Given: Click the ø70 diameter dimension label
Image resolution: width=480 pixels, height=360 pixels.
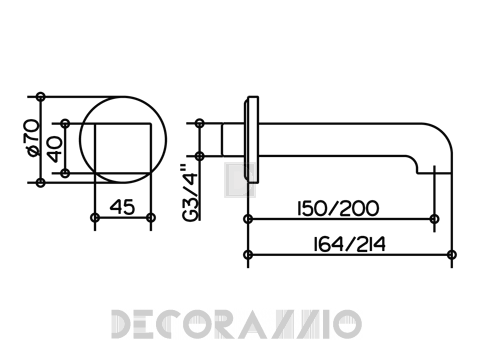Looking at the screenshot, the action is coord(33,138).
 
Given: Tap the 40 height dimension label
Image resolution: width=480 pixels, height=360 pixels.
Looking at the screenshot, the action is coord(55,149).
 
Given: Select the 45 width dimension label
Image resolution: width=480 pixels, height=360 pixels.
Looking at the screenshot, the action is coord(122,207).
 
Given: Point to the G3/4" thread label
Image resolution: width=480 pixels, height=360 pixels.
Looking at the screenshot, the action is coord(191,193).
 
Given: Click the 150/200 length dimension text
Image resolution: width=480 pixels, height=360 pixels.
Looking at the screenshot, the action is coord(338,209).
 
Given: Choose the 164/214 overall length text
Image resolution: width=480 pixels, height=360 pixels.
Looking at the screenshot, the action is coord(349,244).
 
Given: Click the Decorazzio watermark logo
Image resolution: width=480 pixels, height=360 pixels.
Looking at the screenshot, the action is coord(236,324).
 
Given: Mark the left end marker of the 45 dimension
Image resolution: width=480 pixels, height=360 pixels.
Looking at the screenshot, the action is coord(95,218).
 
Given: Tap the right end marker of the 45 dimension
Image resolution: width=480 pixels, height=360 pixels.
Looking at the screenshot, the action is coord(151,218).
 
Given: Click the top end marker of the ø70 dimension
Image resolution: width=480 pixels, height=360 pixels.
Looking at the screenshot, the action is coord(41,97).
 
